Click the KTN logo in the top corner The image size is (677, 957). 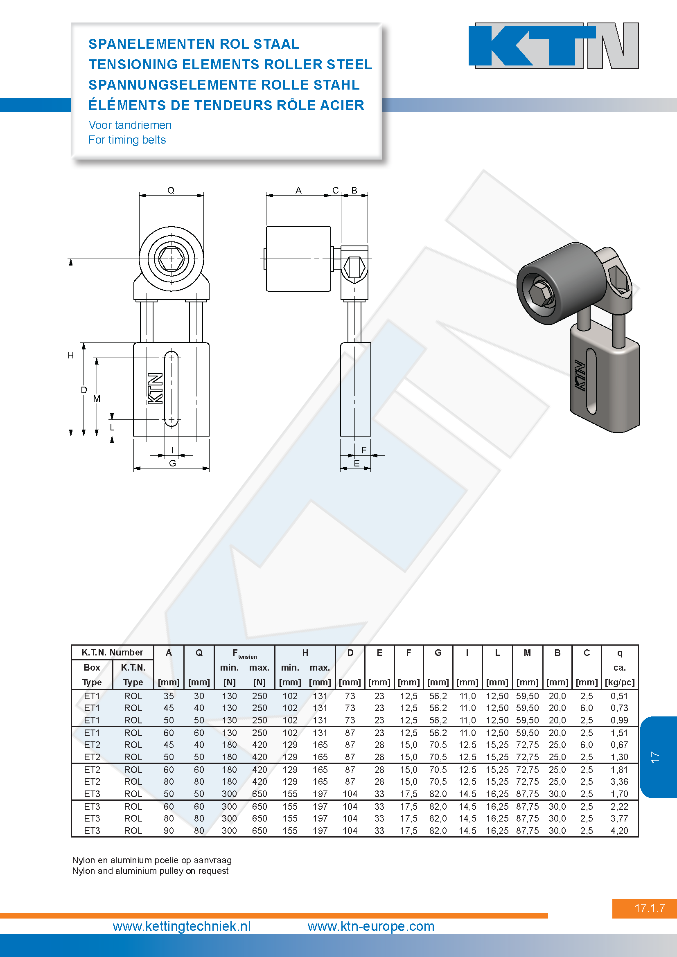[x=554, y=45]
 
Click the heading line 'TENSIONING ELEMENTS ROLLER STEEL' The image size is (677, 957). [x=230, y=64]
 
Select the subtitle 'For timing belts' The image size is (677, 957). [x=127, y=140]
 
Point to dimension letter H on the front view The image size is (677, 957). [x=71, y=355]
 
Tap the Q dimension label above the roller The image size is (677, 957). [x=171, y=190]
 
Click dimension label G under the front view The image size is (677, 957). [x=173, y=463]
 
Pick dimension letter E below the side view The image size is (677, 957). [x=357, y=463]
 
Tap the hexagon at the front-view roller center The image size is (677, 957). [x=172, y=259]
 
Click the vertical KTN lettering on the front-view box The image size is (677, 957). [x=155, y=388]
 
